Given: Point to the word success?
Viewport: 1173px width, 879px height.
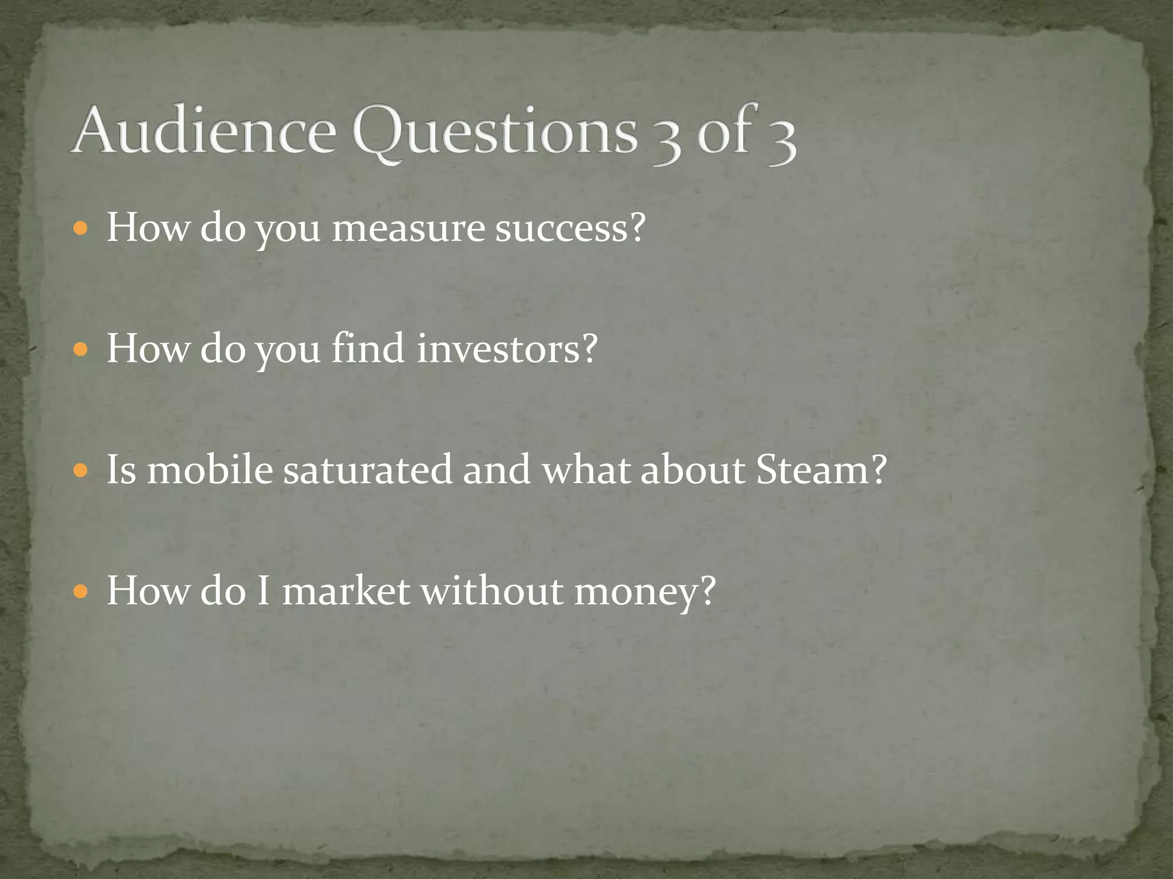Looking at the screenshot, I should (x=570, y=228).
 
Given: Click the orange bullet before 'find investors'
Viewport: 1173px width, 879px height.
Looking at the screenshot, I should (x=81, y=349).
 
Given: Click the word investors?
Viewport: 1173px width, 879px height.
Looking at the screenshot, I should (x=507, y=349).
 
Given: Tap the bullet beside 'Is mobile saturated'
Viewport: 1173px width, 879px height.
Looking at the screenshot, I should (x=81, y=470).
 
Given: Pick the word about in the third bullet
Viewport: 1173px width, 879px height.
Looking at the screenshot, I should (x=693, y=469).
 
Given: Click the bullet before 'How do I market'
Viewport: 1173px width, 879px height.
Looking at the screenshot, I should (x=81, y=591).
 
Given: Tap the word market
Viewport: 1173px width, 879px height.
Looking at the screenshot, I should (x=346, y=591).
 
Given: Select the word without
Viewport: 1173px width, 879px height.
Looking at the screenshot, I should (x=492, y=591).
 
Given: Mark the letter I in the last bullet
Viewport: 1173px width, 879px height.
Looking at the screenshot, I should (x=263, y=591).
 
